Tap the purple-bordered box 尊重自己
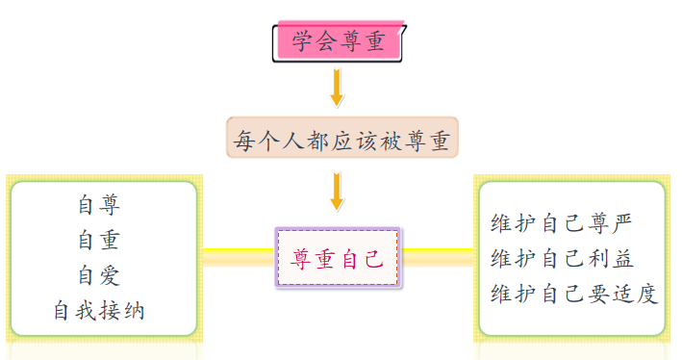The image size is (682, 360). (338, 257)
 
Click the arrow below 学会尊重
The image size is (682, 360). (337, 87)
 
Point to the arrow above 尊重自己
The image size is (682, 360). (337, 191)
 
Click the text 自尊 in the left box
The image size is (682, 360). (99, 205)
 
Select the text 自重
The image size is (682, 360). (99, 241)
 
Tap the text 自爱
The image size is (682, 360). (99, 275)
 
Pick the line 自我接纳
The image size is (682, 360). (99, 311)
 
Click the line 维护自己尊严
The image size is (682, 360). (562, 223)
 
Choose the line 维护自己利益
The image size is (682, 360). (562, 258)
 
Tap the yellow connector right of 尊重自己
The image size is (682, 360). (439, 256)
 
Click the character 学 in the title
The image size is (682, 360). (303, 41)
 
